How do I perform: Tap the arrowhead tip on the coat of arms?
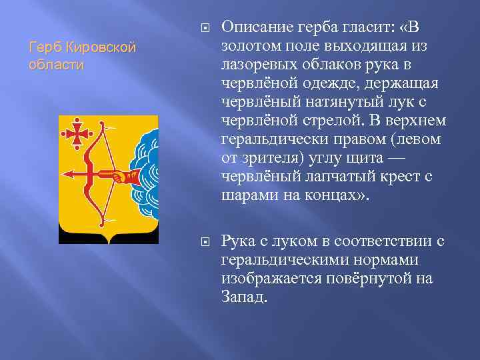click(66, 174)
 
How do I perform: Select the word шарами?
click(249, 197)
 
